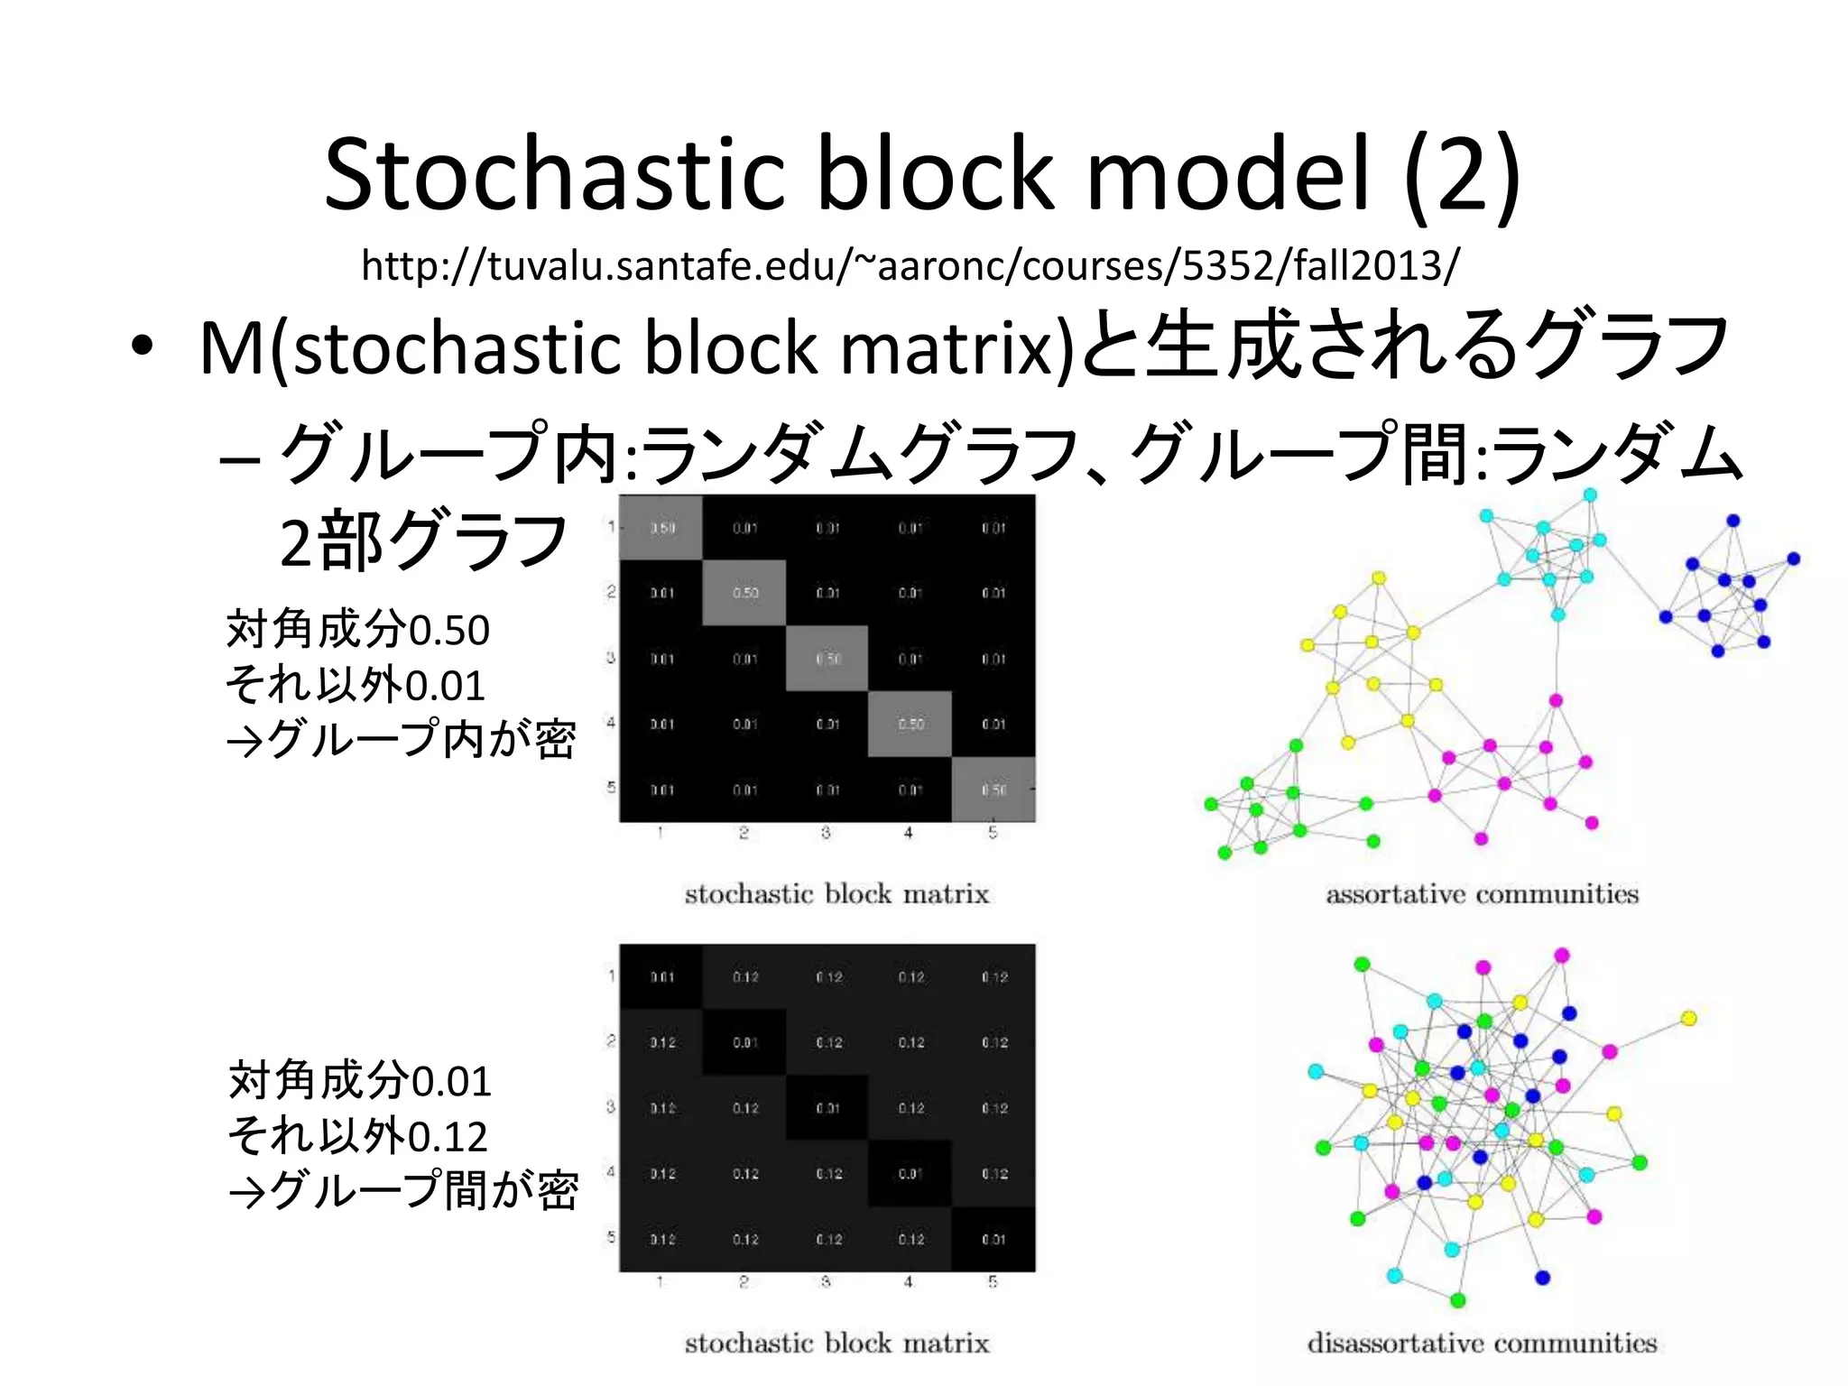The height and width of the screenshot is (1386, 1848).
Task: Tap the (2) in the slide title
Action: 1462,173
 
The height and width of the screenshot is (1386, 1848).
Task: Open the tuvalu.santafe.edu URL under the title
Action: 910,265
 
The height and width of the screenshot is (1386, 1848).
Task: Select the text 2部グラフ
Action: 422,541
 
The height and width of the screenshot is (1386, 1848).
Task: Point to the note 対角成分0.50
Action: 357,629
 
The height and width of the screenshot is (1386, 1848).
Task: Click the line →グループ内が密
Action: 401,739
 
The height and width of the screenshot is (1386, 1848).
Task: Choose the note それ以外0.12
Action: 357,1135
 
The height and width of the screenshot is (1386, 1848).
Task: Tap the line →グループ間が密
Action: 402,1190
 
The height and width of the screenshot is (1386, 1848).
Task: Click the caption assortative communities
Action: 1482,894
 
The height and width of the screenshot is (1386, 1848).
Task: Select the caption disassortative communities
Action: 1482,1344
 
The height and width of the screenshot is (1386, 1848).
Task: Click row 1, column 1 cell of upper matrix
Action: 661,528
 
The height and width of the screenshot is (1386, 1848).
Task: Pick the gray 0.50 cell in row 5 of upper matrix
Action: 993,790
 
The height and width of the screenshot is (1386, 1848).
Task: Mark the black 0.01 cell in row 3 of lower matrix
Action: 827,1108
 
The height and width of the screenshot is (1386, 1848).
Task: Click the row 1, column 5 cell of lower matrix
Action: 993,977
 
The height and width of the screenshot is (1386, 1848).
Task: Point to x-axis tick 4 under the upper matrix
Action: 909,833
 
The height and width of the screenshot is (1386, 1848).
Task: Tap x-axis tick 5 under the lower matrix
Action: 993,1281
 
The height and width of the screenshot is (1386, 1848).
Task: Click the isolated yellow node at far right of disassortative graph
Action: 1688,1019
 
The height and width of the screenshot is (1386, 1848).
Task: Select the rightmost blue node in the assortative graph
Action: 1793,559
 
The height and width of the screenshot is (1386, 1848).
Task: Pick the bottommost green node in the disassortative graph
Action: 1457,1300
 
